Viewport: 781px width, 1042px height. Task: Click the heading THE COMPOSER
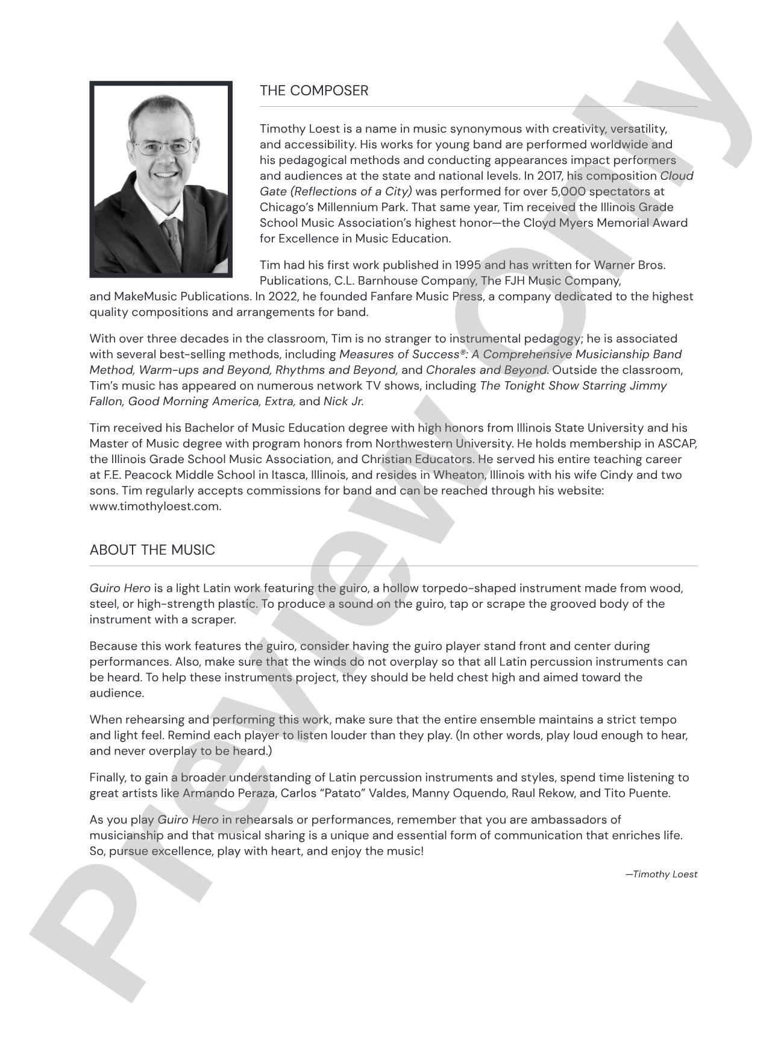(x=313, y=91)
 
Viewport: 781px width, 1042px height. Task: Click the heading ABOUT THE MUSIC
(x=152, y=551)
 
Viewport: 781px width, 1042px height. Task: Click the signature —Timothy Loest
(x=661, y=874)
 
